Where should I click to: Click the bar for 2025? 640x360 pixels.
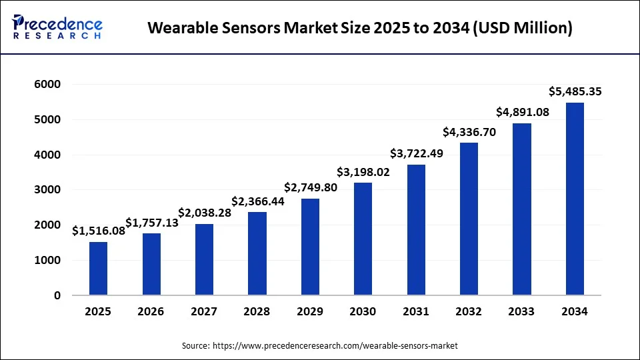coord(98,269)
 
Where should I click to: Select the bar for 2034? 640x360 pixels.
coord(575,199)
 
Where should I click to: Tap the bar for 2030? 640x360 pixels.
coord(363,239)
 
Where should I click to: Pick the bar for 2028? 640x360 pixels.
coord(257,253)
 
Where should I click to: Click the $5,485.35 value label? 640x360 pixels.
coord(575,91)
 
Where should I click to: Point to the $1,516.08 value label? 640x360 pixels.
coord(98,231)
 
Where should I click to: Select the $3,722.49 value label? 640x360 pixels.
coord(415,153)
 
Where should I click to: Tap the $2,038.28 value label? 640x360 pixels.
coord(204,213)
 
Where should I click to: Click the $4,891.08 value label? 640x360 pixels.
coord(522,112)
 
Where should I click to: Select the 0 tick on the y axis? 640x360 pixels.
coord(57,295)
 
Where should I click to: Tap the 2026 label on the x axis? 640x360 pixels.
coord(151,311)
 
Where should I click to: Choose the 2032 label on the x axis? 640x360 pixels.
coord(469,311)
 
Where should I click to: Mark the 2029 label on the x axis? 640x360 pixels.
coord(310,311)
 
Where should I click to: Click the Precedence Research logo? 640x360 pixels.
coord(57,27)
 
